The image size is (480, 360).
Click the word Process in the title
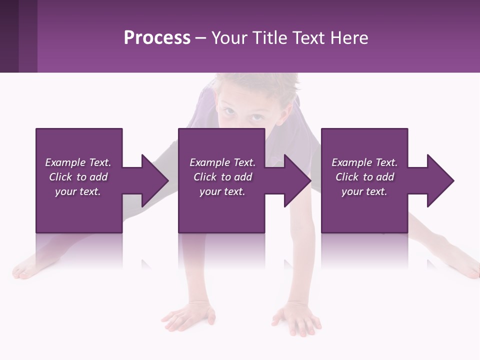tap(157, 38)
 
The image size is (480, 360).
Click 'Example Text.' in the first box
tap(78, 162)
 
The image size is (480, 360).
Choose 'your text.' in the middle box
tap(222, 191)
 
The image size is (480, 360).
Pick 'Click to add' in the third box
tap(364, 177)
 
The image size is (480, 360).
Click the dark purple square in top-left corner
tap(9, 36)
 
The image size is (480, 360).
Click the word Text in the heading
tap(308, 38)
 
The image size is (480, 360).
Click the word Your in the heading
tap(229, 38)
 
